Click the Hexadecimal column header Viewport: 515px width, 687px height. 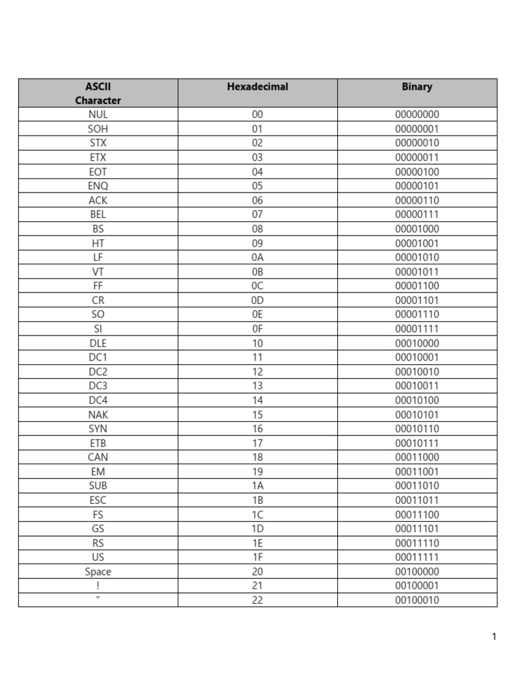point(257,87)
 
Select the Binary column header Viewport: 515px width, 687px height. point(417,87)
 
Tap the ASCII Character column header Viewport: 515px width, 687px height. point(98,93)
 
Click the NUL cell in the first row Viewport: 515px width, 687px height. point(98,115)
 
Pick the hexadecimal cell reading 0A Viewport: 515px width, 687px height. point(257,257)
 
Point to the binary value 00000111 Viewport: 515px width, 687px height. point(417,215)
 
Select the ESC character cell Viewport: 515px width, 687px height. point(98,500)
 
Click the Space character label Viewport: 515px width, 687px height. point(98,572)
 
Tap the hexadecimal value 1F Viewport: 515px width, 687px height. point(257,557)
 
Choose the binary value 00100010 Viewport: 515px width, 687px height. point(417,600)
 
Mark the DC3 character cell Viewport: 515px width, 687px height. point(98,386)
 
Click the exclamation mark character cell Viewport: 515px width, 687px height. point(98,586)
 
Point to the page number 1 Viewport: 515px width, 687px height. point(494,637)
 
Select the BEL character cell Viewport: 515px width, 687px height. point(98,215)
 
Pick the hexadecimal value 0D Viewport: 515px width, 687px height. point(257,300)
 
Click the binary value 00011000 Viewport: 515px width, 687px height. point(417,457)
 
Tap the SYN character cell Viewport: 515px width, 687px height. point(98,429)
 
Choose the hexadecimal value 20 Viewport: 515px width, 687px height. point(257,572)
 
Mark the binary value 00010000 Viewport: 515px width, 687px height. point(417,343)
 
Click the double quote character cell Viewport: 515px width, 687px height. point(98,599)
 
